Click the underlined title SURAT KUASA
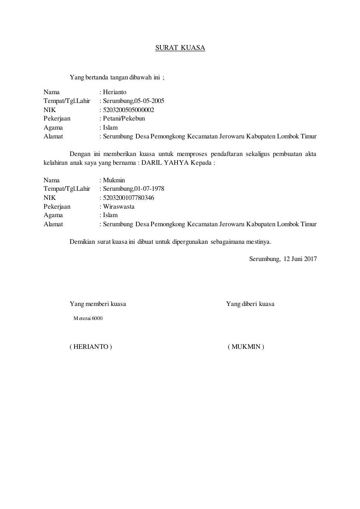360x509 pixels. pyautogui.click(x=180, y=48)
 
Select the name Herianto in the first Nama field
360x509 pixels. pyautogui.click(x=115, y=92)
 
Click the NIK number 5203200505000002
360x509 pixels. pyautogui.click(x=128, y=110)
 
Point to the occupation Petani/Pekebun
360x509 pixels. pyautogui.click(x=124, y=119)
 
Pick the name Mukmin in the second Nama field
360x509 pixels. pyautogui.click(x=114, y=180)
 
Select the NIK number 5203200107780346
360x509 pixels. pyautogui.click(x=128, y=198)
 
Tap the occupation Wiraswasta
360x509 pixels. pyautogui.click(x=119, y=207)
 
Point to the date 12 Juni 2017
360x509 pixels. pyautogui.click(x=300, y=259)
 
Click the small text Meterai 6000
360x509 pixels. pyautogui.click(x=88, y=319)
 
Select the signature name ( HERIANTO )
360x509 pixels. pyautogui.click(x=91, y=347)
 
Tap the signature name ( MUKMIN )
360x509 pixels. pyautogui.click(x=246, y=347)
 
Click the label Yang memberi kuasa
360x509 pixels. pyautogui.click(x=98, y=304)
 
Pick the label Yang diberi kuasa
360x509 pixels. pyautogui.click(x=250, y=304)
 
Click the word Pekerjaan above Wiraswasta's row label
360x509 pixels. pyautogui.click(x=57, y=207)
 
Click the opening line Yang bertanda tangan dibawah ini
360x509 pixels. pyautogui.click(x=117, y=78)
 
